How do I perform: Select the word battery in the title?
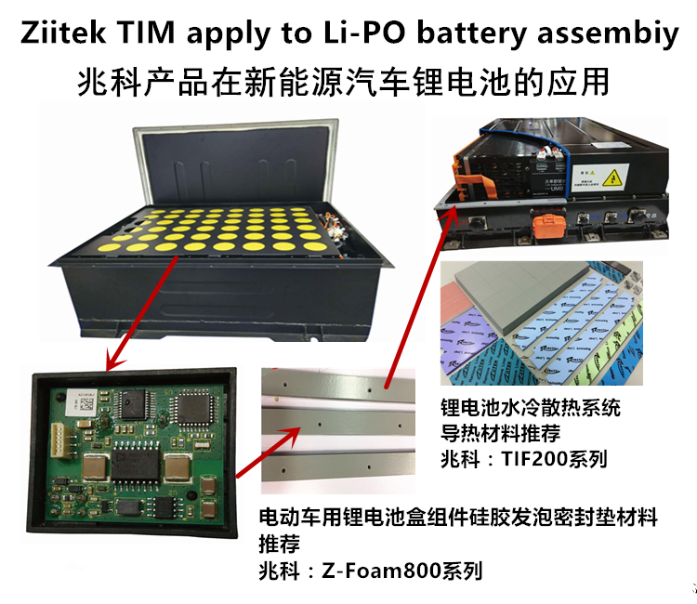tap(474, 34)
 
